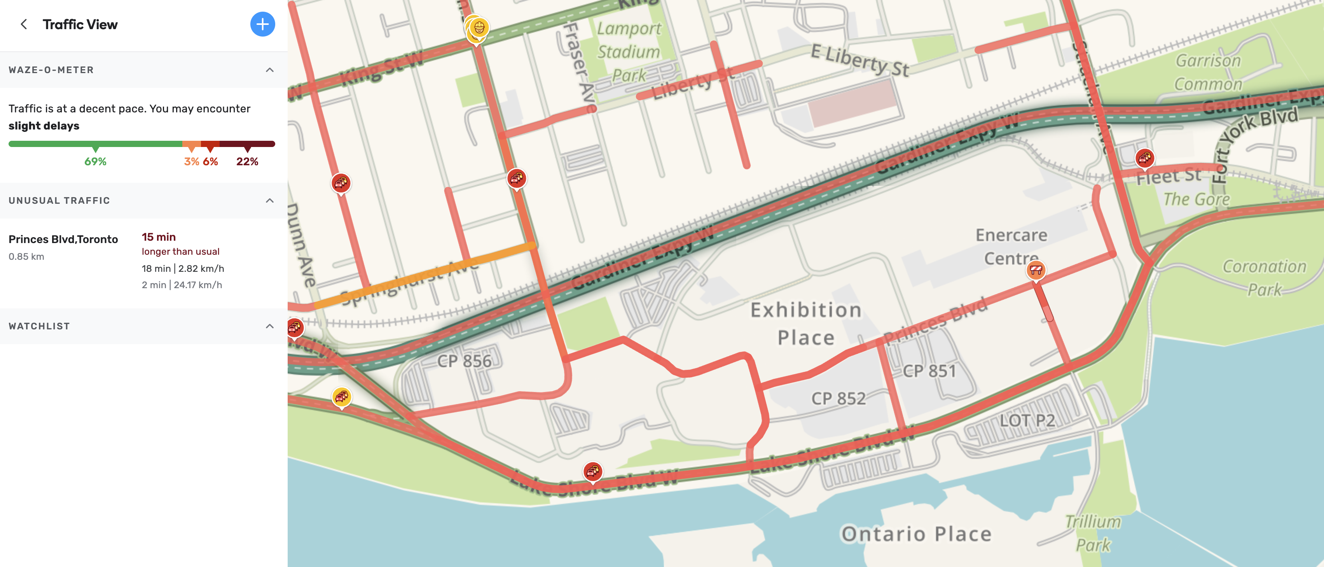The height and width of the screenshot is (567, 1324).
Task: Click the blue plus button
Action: (x=262, y=24)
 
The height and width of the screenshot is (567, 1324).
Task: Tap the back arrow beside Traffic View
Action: (x=24, y=24)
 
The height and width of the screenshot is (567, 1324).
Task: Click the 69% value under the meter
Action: (x=95, y=161)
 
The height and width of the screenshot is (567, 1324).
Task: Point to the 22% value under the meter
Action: (x=247, y=161)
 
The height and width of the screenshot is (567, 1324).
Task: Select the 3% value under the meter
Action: (x=191, y=161)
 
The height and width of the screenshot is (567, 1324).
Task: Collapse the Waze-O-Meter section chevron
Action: (x=269, y=70)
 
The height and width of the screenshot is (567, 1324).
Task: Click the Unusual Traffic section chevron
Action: (x=269, y=201)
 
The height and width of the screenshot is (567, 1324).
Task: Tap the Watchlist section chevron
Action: (x=269, y=326)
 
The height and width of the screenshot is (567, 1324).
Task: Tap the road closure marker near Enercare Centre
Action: (x=1036, y=269)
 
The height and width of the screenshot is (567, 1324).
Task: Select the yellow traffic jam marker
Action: (x=342, y=396)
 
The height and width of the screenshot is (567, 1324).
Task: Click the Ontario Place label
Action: (x=916, y=534)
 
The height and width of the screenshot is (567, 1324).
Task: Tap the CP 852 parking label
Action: (x=838, y=398)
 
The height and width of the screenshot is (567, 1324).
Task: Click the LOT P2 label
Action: (x=1027, y=420)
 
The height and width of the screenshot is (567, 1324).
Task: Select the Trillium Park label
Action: (x=1093, y=533)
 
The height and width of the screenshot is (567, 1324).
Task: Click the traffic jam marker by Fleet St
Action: (x=1145, y=158)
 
